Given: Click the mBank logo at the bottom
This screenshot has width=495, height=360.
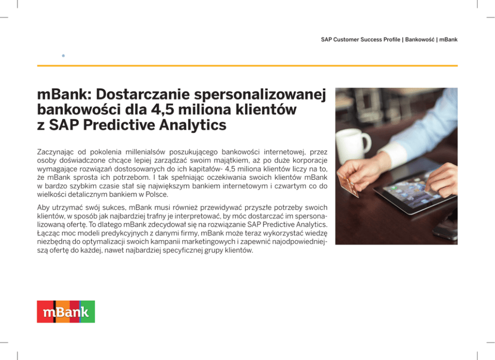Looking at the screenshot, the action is [66, 312].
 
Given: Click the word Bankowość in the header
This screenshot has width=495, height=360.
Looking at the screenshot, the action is [420, 39].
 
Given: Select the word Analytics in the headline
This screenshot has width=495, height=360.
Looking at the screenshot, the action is [193, 125].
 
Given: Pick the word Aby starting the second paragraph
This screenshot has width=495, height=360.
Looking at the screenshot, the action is [43, 208].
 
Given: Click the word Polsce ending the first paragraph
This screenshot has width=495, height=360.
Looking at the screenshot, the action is [157, 195].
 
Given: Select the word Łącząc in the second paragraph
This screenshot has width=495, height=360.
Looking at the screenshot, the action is [48, 233].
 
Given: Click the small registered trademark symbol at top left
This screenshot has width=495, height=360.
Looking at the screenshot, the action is [63, 56].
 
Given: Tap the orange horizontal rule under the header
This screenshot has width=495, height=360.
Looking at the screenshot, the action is [247, 66].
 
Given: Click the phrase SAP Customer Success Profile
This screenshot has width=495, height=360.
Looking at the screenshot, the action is [360, 39].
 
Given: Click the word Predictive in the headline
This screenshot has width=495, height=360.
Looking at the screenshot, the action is [119, 125].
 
